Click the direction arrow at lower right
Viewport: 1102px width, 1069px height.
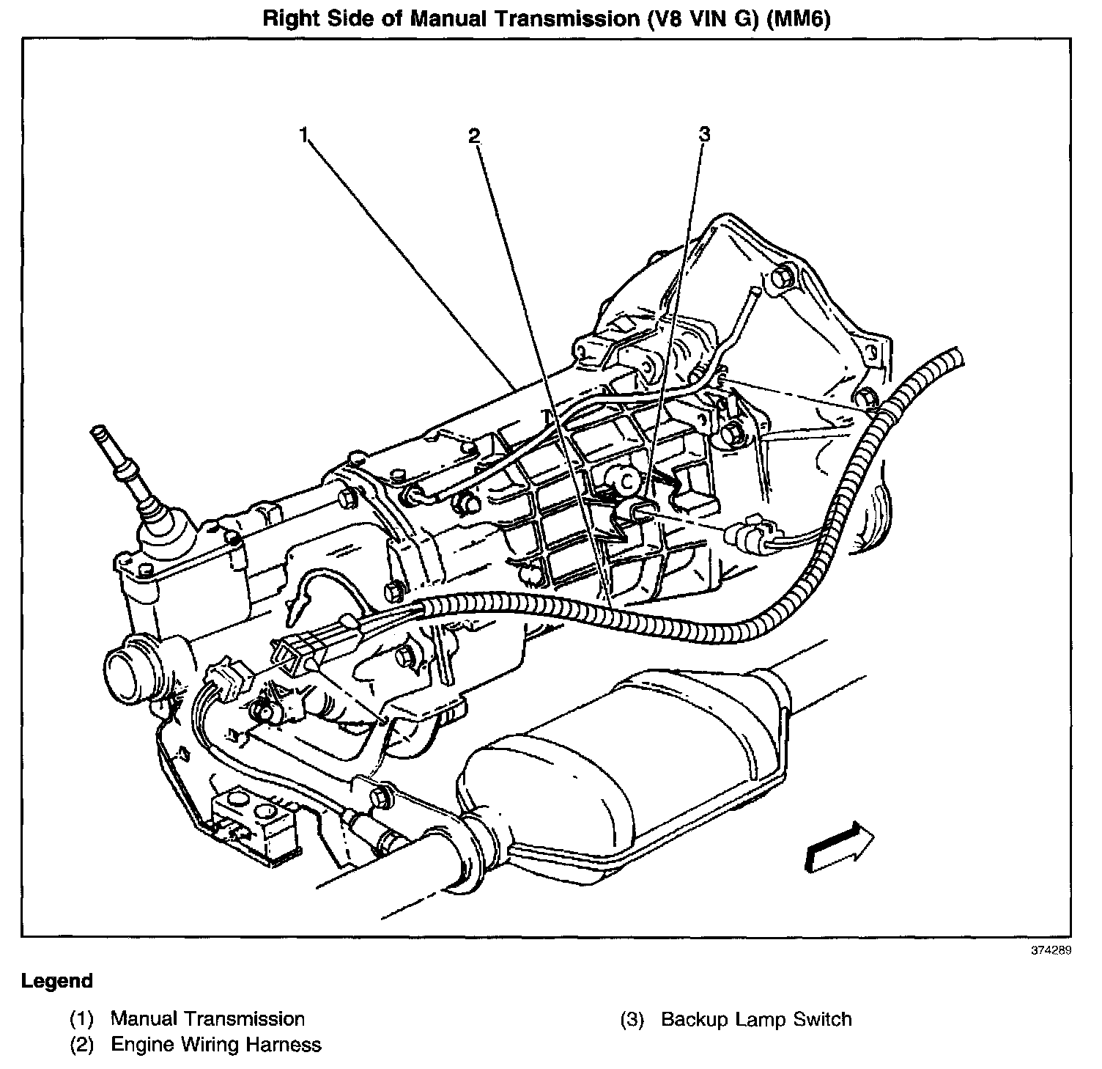point(840,846)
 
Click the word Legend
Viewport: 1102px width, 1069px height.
point(57,981)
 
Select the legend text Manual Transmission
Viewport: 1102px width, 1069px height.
point(207,1018)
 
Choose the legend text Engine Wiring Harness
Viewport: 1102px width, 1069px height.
point(215,1044)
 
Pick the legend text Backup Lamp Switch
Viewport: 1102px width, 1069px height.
point(756,1019)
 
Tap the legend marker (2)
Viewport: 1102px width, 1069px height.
point(82,1044)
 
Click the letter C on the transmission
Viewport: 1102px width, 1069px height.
point(627,480)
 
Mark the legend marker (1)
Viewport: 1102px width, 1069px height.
point(82,1018)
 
